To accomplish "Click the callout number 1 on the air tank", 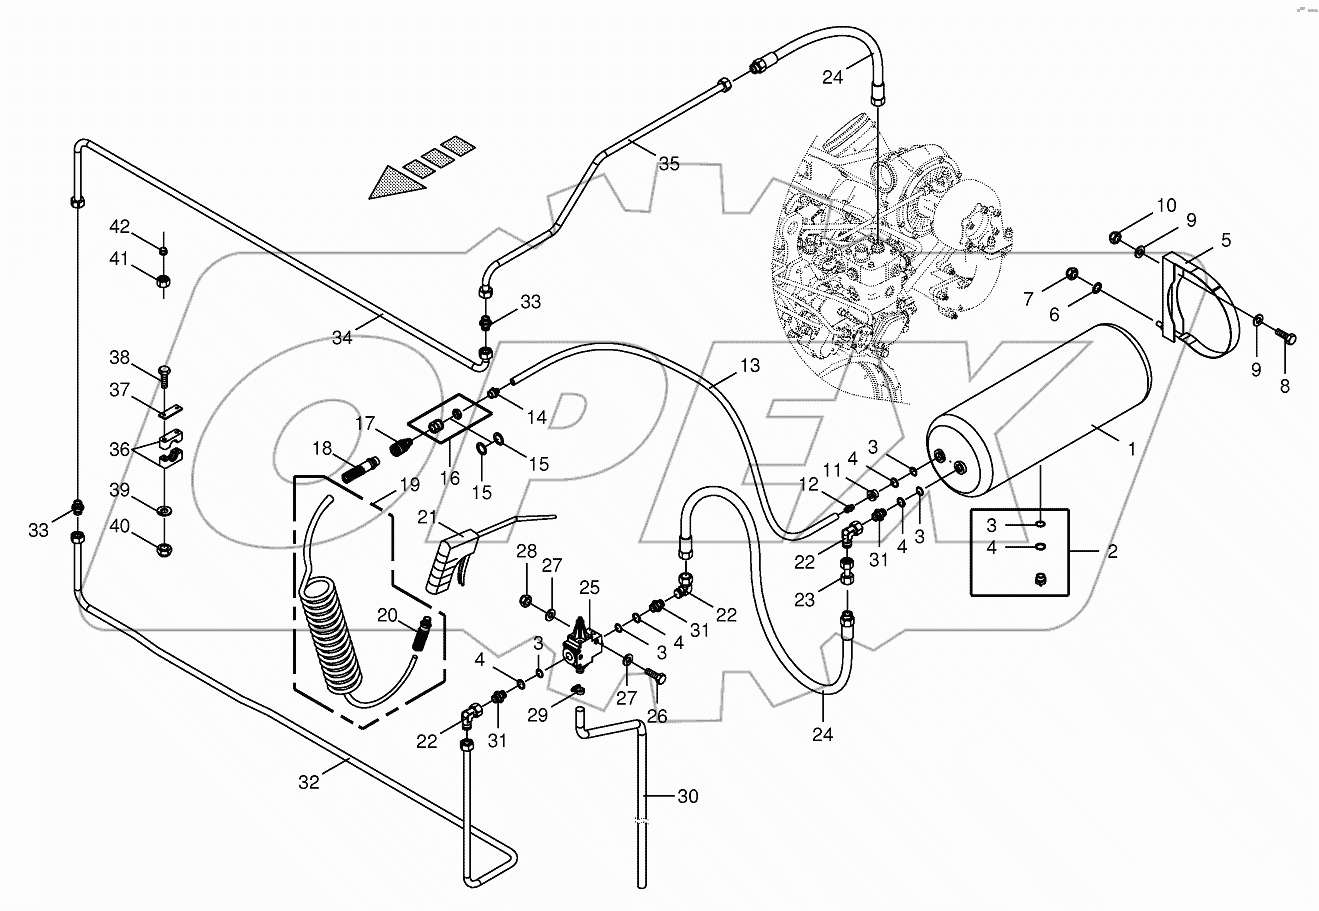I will pyautogui.click(x=1132, y=450).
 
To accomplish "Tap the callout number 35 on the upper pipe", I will pyautogui.click(x=668, y=164).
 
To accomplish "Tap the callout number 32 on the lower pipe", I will pyautogui.click(x=309, y=783).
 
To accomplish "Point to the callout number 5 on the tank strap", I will pyautogui.click(x=1225, y=240).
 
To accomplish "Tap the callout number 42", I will pyautogui.click(x=120, y=225).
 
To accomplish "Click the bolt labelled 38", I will pyautogui.click(x=164, y=375).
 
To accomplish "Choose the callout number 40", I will pyautogui.click(x=120, y=526).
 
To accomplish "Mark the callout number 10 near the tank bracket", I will pyautogui.click(x=1168, y=206).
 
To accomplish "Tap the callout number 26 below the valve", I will pyautogui.click(x=655, y=716).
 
